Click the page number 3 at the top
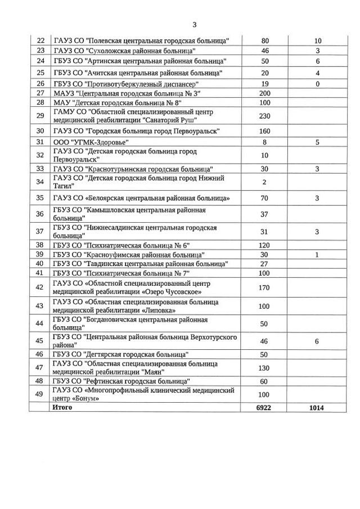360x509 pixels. (194, 25)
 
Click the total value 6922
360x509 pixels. (264, 407)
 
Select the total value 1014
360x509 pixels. (317, 407)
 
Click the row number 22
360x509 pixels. (40, 40)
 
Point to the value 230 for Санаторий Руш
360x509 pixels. (264, 116)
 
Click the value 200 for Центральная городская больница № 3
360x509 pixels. (264, 92)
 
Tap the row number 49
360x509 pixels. (40, 394)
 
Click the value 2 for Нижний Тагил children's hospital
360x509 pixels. (264, 182)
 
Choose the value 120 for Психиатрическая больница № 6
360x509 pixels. (264, 245)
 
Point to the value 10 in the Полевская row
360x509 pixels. (317, 40)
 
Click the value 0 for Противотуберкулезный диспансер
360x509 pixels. (317, 83)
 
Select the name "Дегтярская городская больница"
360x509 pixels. (120, 354)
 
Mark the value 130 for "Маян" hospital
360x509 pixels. (264, 368)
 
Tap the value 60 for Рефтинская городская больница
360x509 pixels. (264, 381)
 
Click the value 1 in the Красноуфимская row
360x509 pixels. (317, 254)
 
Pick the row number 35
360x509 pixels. (40, 198)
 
